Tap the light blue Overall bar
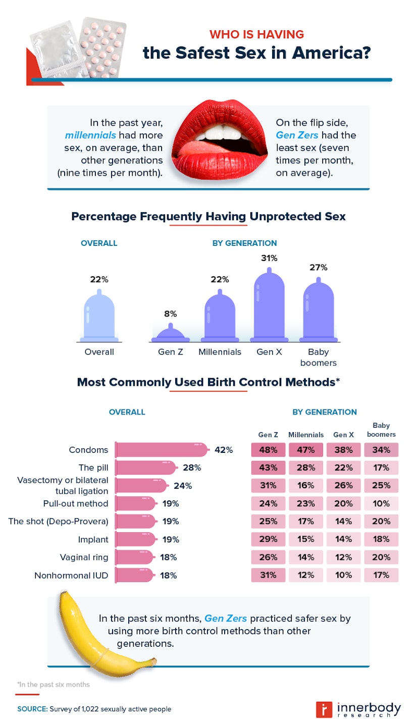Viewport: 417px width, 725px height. [99, 316]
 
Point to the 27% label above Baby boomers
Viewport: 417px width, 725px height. [319, 267]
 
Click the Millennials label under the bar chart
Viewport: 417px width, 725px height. [220, 352]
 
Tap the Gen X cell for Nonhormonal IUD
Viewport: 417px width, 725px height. [343, 575]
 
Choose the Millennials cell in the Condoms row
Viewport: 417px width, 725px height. [305, 450]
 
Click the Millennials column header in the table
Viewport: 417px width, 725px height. [305, 435]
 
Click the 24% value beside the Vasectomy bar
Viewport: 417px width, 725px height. [182, 486]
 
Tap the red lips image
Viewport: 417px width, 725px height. [220, 141]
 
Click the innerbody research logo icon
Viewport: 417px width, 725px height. [323, 709]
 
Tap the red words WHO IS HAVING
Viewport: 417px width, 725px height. [256, 34]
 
